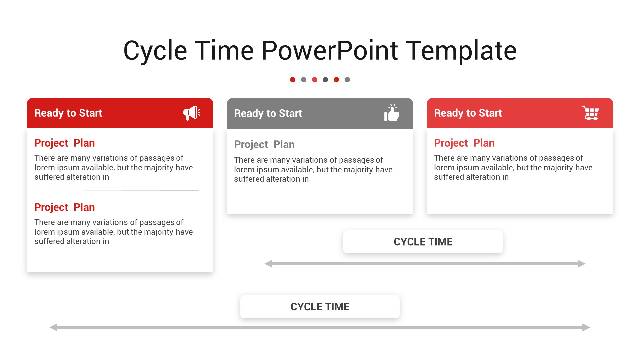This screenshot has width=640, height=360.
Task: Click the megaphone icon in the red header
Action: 192,113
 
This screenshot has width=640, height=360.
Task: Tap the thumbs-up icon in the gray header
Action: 392,113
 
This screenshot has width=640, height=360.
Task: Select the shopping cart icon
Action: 591,113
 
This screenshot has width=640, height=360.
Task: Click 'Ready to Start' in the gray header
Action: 268,113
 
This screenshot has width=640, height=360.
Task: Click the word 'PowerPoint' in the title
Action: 329,50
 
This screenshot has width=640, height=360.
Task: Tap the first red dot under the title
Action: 293,80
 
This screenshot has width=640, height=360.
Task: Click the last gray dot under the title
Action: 347,80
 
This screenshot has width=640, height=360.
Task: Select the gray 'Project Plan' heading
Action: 264,144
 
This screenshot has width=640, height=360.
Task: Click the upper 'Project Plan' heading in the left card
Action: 65,143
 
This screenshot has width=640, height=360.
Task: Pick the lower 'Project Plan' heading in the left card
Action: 65,207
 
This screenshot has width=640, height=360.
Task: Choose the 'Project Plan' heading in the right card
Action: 464,143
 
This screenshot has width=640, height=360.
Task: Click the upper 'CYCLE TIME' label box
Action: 423,242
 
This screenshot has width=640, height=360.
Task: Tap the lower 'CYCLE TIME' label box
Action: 320,307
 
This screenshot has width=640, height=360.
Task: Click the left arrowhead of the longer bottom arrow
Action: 53,327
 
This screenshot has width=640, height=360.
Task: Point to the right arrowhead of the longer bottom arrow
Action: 586,327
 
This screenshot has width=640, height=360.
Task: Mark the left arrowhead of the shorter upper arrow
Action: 268,264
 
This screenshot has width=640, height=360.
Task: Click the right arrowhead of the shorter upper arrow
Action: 582,264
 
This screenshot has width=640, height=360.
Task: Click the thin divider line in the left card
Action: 117,191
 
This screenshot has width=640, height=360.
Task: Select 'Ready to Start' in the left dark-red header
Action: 68,113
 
